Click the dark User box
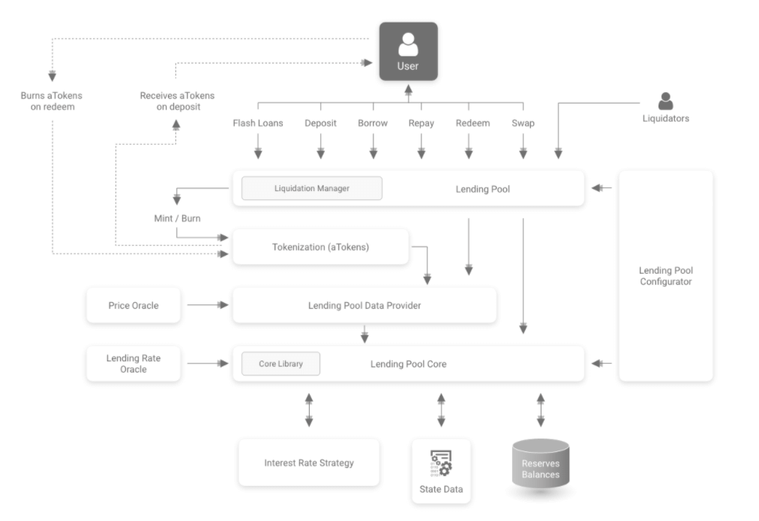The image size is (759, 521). pos(408,51)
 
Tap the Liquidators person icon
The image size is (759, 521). pos(665,101)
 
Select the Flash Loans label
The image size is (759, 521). pos(258,123)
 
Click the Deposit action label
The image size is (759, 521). pos(320,123)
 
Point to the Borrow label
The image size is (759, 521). pos(373,123)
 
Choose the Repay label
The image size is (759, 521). pos(421,123)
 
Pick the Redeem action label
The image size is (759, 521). pos(472,123)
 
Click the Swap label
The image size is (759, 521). pos(523,123)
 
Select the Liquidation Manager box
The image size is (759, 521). pos(311,188)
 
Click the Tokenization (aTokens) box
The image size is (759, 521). pos(320,247)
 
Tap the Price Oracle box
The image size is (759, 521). pos(133,305)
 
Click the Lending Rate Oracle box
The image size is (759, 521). pos(133,364)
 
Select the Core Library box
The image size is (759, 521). pos(280,364)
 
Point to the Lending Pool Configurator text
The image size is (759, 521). pos(665,276)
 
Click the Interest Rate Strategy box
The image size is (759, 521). pos(308,463)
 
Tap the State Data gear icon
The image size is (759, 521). pos(441,464)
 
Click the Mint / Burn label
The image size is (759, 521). pos(177,219)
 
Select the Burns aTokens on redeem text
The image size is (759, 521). pos(52,101)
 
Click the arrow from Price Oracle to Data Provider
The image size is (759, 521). pos(207,305)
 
